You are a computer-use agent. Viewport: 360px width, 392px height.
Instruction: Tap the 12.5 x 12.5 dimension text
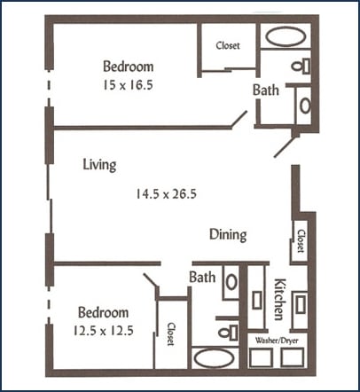(x=105, y=331)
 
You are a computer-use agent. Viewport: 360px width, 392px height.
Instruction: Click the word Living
(x=99, y=165)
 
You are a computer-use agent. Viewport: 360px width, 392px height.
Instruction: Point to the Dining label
(x=228, y=235)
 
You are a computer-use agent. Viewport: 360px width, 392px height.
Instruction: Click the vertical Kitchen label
(x=278, y=299)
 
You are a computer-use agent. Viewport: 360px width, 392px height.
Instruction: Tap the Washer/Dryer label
(x=277, y=338)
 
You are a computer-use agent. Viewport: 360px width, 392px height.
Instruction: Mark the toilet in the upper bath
(x=301, y=65)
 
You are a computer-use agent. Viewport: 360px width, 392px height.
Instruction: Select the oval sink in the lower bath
(x=230, y=282)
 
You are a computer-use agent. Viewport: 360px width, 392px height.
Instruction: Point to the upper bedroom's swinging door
(x=237, y=121)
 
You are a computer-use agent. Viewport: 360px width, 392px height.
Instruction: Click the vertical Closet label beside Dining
(x=301, y=240)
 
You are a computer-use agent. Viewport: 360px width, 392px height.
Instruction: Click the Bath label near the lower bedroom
(x=202, y=278)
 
